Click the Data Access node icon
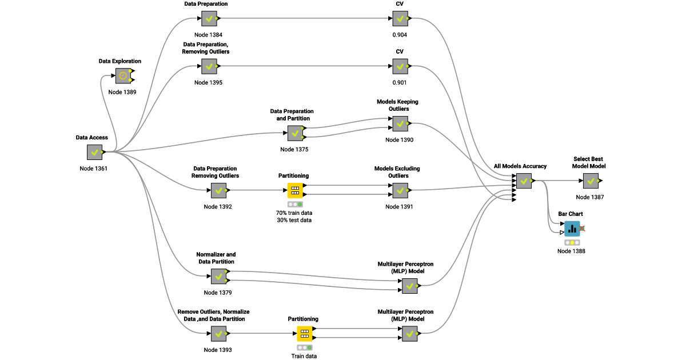[94, 152]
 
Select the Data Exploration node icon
[123, 75]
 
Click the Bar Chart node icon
[572, 229]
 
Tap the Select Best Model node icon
[591, 181]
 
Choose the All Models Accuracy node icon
[524, 181]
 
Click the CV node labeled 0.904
[400, 19]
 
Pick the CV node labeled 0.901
[400, 67]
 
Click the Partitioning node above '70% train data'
[295, 190]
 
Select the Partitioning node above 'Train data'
[305, 333]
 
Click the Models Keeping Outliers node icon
[400, 123]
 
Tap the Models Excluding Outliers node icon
[400, 190]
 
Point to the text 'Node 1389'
[122, 92]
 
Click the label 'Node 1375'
[294, 150]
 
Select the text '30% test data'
[294, 220]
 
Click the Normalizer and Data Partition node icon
[218, 277]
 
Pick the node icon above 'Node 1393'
[218, 333]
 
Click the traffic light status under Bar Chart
[572, 243]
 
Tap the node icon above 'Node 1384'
[209, 19]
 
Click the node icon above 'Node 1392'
[218, 190]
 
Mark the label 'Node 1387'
[590, 197]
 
